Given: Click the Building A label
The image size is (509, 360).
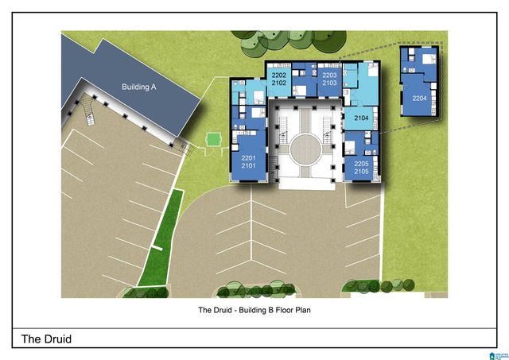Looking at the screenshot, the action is pyautogui.click(x=139, y=87).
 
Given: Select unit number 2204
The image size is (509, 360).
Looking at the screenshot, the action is pyautogui.click(x=419, y=98).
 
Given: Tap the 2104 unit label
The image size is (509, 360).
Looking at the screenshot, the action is pyautogui.click(x=361, y=118).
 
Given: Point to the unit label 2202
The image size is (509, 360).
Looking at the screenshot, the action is pyautogui.click(x=279, y=75).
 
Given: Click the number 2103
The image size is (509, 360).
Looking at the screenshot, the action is pyautogui.click(x=329, y=83).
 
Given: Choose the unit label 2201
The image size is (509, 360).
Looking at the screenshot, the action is pyautogui.click(x=248, y=158).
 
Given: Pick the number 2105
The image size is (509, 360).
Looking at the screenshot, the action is pyautogui.click(x=361, y=171).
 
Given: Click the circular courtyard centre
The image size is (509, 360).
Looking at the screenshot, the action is pyautogui.click(x=305, y=150).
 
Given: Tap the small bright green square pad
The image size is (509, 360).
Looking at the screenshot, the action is pyautogui.click(x=213, y=140).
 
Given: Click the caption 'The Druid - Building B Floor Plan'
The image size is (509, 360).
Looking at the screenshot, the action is pyautogui.click(x=254, y=310).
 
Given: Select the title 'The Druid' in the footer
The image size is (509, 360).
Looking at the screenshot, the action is pyautogui.click(x=46, y=339).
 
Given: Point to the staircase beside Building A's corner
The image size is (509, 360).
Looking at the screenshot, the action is pyautogui.click(x=87, y=110).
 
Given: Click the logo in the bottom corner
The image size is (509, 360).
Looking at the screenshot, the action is pyautogui.click(x=499, y=356).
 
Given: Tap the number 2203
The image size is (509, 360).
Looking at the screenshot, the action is pyautogui.click(x=329, y=75).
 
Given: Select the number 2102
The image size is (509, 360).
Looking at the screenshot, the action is pyautogui.click(x=279, y=83).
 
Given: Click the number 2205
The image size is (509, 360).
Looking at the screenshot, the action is pyautogui.click(x=361, y=164).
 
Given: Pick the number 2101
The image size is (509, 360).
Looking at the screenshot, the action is pyautogui.click(x=248, y=166).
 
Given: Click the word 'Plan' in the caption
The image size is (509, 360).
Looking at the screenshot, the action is pyautogui.click(x=303, y=310).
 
